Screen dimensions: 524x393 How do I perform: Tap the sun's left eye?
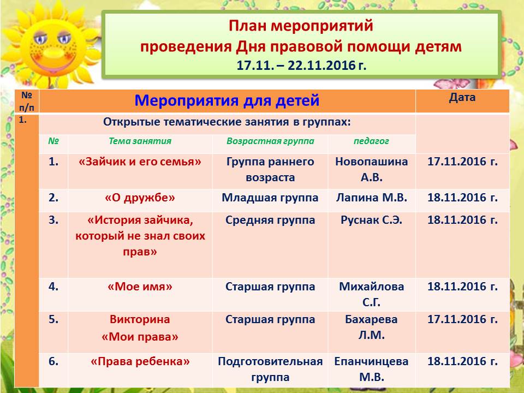coord(40,38)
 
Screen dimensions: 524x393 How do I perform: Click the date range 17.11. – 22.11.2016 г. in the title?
coord(301,65)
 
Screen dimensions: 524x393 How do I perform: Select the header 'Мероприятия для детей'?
coord(227,100)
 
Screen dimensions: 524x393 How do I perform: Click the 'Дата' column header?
coord(462,97)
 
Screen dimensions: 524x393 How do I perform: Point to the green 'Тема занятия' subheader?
coord(140,141)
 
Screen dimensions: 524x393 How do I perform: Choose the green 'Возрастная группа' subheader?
coord(270,141)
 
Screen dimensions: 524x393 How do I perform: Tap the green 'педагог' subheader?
coord(371,141)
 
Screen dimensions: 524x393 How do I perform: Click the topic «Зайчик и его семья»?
coord(140,162)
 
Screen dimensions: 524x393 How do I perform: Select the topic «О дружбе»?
coord(140,198)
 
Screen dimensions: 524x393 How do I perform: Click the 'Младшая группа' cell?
coord(270,198)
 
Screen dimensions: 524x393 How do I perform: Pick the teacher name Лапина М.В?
coord(372,198)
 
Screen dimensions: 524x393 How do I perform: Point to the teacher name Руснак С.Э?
coord(371,220)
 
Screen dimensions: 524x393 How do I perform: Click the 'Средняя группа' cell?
coord(270,220)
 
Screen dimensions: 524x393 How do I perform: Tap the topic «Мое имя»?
coord(140,287)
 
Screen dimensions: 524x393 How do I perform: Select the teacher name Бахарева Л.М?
coord(371,327)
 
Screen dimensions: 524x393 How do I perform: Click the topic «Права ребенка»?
coord(140,361)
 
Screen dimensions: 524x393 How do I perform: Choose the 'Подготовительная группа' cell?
coord(270,369)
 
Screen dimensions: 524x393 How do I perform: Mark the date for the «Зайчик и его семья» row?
coord(462,162)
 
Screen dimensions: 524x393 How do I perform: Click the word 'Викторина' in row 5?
coord(140,319)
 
